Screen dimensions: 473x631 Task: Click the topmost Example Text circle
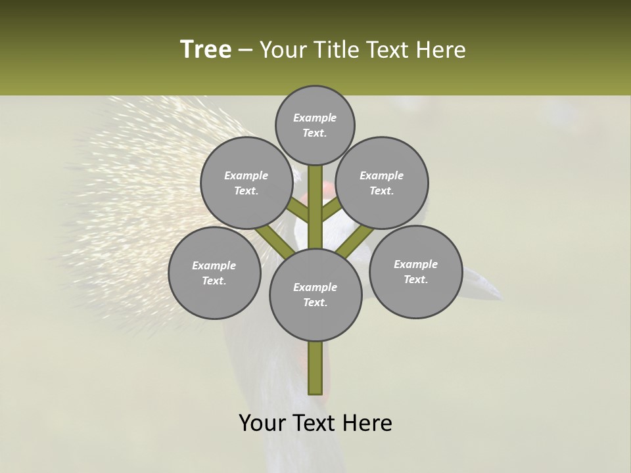coord(315,125)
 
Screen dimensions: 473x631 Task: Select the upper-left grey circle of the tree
coord(246,183)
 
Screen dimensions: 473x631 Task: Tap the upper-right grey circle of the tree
coord(382,183)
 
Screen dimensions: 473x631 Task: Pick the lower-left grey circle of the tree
coord(214,273)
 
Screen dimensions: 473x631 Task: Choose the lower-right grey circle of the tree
coord(415,271)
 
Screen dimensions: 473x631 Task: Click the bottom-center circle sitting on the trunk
coord(315,294)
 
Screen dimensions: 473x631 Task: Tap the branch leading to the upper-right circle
coord(331,210)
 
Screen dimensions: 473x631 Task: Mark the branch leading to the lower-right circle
coord(355,241)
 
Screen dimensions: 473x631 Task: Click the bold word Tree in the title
coord(206,49)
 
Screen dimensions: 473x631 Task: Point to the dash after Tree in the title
coord(245,51)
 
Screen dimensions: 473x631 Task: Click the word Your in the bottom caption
coord(263,423)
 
